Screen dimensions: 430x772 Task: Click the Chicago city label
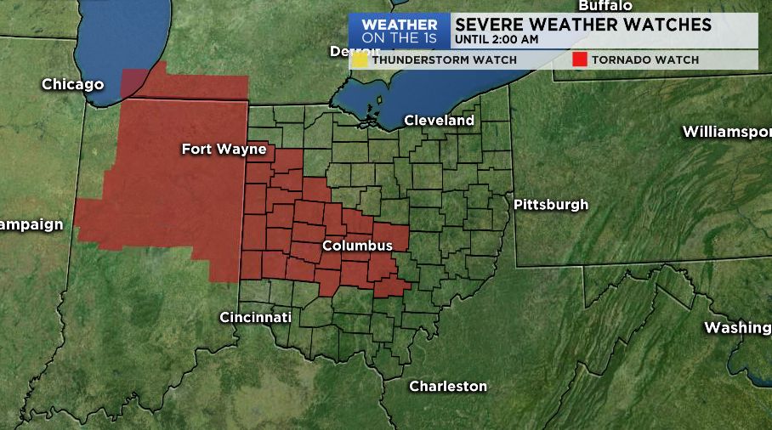coord(72,84)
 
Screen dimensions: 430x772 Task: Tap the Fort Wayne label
coord(224,150)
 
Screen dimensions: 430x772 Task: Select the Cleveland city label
coord(439,121)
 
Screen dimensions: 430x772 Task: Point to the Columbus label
coord(357,246)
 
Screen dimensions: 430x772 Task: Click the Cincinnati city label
coord(255,317)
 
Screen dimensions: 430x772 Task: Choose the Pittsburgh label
coord(550,204)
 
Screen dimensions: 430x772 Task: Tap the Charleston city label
coord(448,386)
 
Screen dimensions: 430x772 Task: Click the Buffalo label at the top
coord(605,5)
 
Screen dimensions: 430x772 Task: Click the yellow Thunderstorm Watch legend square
coord(361,59)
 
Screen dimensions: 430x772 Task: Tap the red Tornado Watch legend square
coord(580,59)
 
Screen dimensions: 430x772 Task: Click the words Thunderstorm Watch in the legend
coord(444,60)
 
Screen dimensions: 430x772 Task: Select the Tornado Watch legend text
coord(644,60)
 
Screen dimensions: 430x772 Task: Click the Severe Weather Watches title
coord(582,25)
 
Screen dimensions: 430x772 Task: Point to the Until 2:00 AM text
coord(496,39)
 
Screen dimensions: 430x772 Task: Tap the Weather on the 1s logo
coord(400,31)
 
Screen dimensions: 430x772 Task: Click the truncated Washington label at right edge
coord(737,328)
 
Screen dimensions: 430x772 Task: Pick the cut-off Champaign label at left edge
coord(31,224)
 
